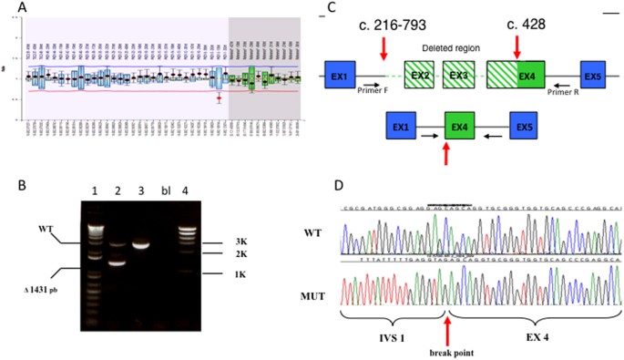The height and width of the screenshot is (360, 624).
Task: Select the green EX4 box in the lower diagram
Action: [464, 125]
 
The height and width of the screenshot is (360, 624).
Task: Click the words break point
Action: [445, 351]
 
